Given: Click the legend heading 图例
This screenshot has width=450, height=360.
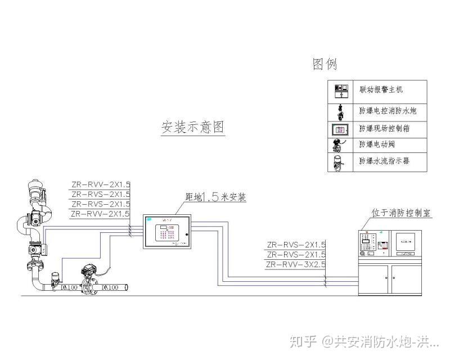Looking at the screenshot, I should click(325, 64).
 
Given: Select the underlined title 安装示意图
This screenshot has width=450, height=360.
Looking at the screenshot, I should click(193, 127).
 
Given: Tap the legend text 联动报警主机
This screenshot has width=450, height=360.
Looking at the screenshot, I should click(381, 89).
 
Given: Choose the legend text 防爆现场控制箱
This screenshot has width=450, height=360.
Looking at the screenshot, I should click(384, 129).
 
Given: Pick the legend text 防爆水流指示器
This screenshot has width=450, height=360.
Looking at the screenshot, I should click(384, 161).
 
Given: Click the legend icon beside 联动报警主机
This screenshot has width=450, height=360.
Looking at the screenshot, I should click(340, 89).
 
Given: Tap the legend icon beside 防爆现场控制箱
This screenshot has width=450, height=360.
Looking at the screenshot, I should click(340, 129).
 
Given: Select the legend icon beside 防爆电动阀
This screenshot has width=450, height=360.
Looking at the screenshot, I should click(340, 145).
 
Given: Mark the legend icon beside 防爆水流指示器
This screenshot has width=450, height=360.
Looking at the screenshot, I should click(340, 161).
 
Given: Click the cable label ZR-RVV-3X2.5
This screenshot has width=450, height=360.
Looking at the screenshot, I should click(296, 264).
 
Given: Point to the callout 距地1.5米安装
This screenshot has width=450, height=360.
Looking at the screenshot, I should click(215, 197).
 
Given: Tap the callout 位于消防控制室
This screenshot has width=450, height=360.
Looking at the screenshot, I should click(401, 214).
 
